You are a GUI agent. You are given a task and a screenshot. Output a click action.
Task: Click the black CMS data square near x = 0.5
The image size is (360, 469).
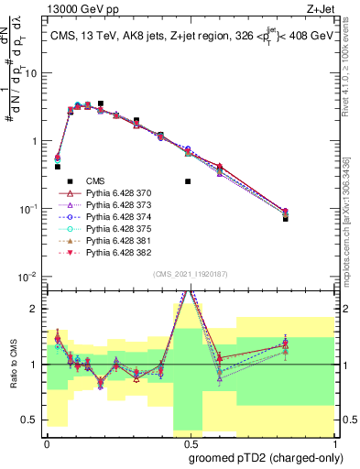point(188,181)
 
